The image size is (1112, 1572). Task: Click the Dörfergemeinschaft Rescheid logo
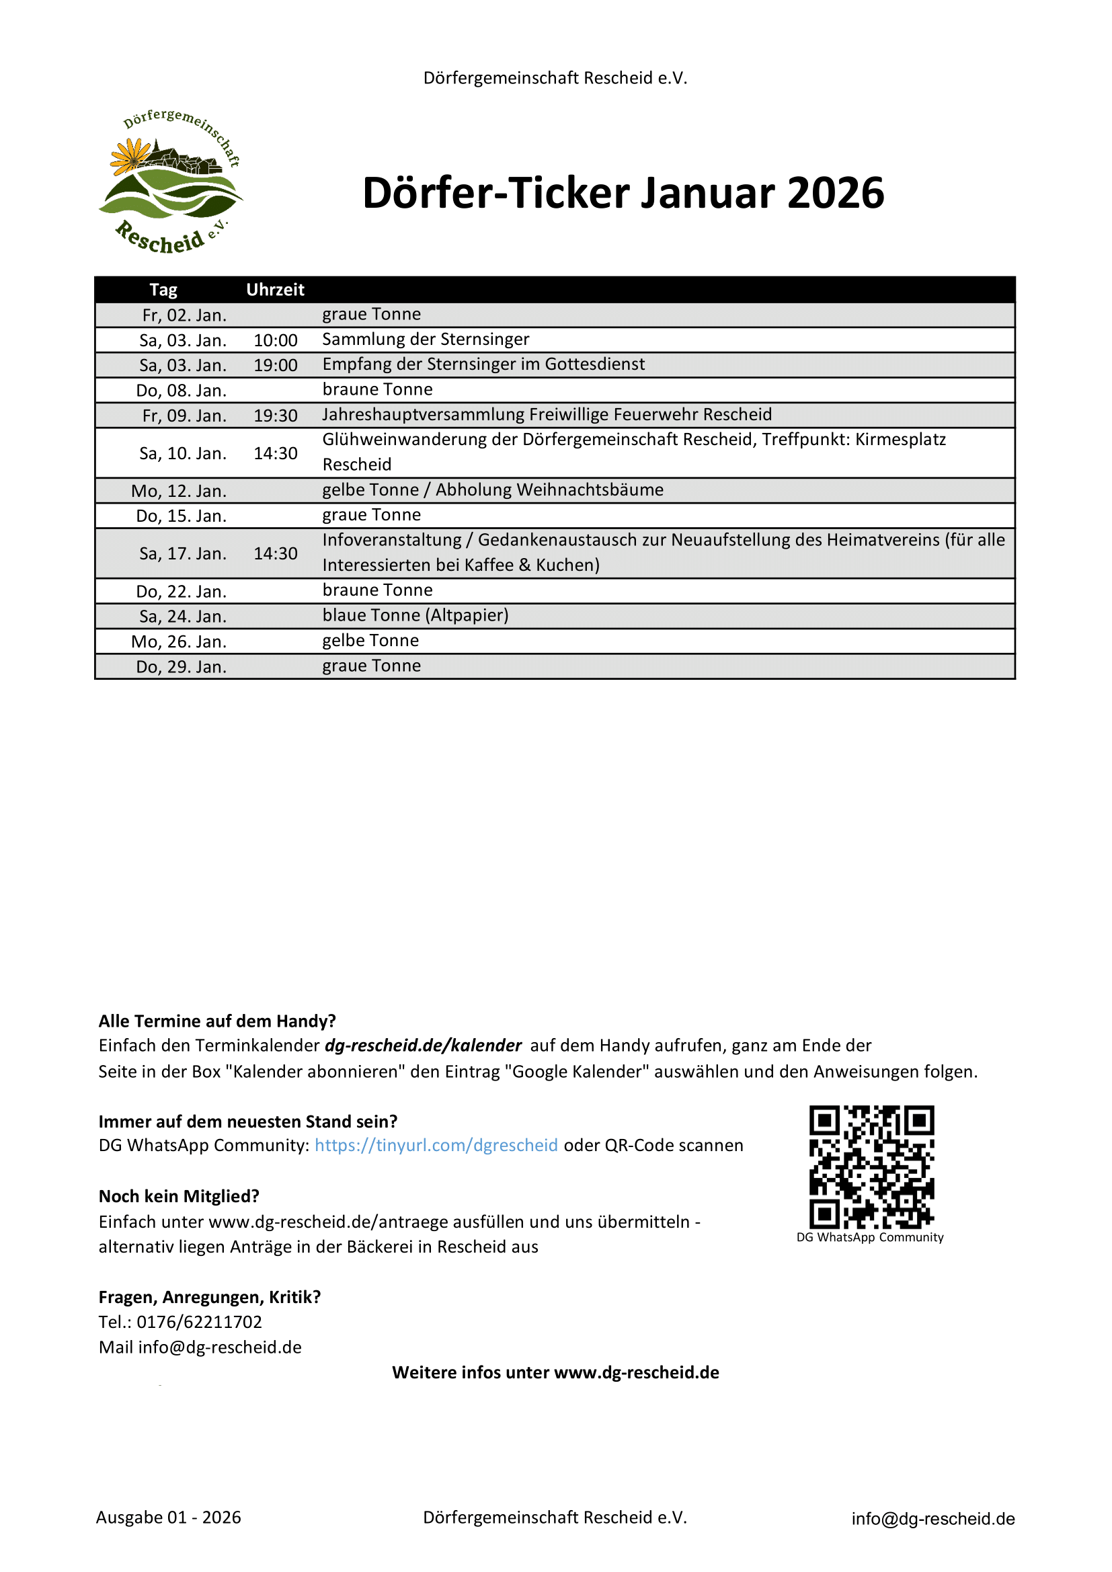(171, 182)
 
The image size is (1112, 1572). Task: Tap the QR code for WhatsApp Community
(871, 1167)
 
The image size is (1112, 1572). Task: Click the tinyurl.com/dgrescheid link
(436, 1146)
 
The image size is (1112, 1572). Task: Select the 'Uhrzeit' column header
(275, 290)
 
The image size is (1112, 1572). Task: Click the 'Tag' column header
(163, 290)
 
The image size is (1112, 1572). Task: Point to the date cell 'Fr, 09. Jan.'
(184, 416)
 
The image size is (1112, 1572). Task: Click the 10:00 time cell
(275, 340)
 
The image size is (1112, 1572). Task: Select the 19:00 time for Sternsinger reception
(275, 365)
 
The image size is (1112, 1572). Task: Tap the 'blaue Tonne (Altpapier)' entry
(415, 615)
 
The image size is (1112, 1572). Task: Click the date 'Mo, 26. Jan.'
(179, 641)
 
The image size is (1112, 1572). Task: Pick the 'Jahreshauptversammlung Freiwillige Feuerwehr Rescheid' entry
(547, 414)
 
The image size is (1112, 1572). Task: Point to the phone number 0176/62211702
(199, 1322)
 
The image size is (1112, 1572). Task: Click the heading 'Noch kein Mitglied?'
(179, 1196)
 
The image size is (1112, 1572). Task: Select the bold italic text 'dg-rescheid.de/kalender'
(423, 1046)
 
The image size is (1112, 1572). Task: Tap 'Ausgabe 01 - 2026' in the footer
(169, 1518)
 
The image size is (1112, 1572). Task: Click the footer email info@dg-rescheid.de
(932, 1519)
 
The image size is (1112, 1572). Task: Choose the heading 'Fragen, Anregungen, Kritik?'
(210, 1297)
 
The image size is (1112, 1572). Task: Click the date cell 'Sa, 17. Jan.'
(183, 553)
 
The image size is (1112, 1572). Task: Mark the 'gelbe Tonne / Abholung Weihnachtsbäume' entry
(493, 489)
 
